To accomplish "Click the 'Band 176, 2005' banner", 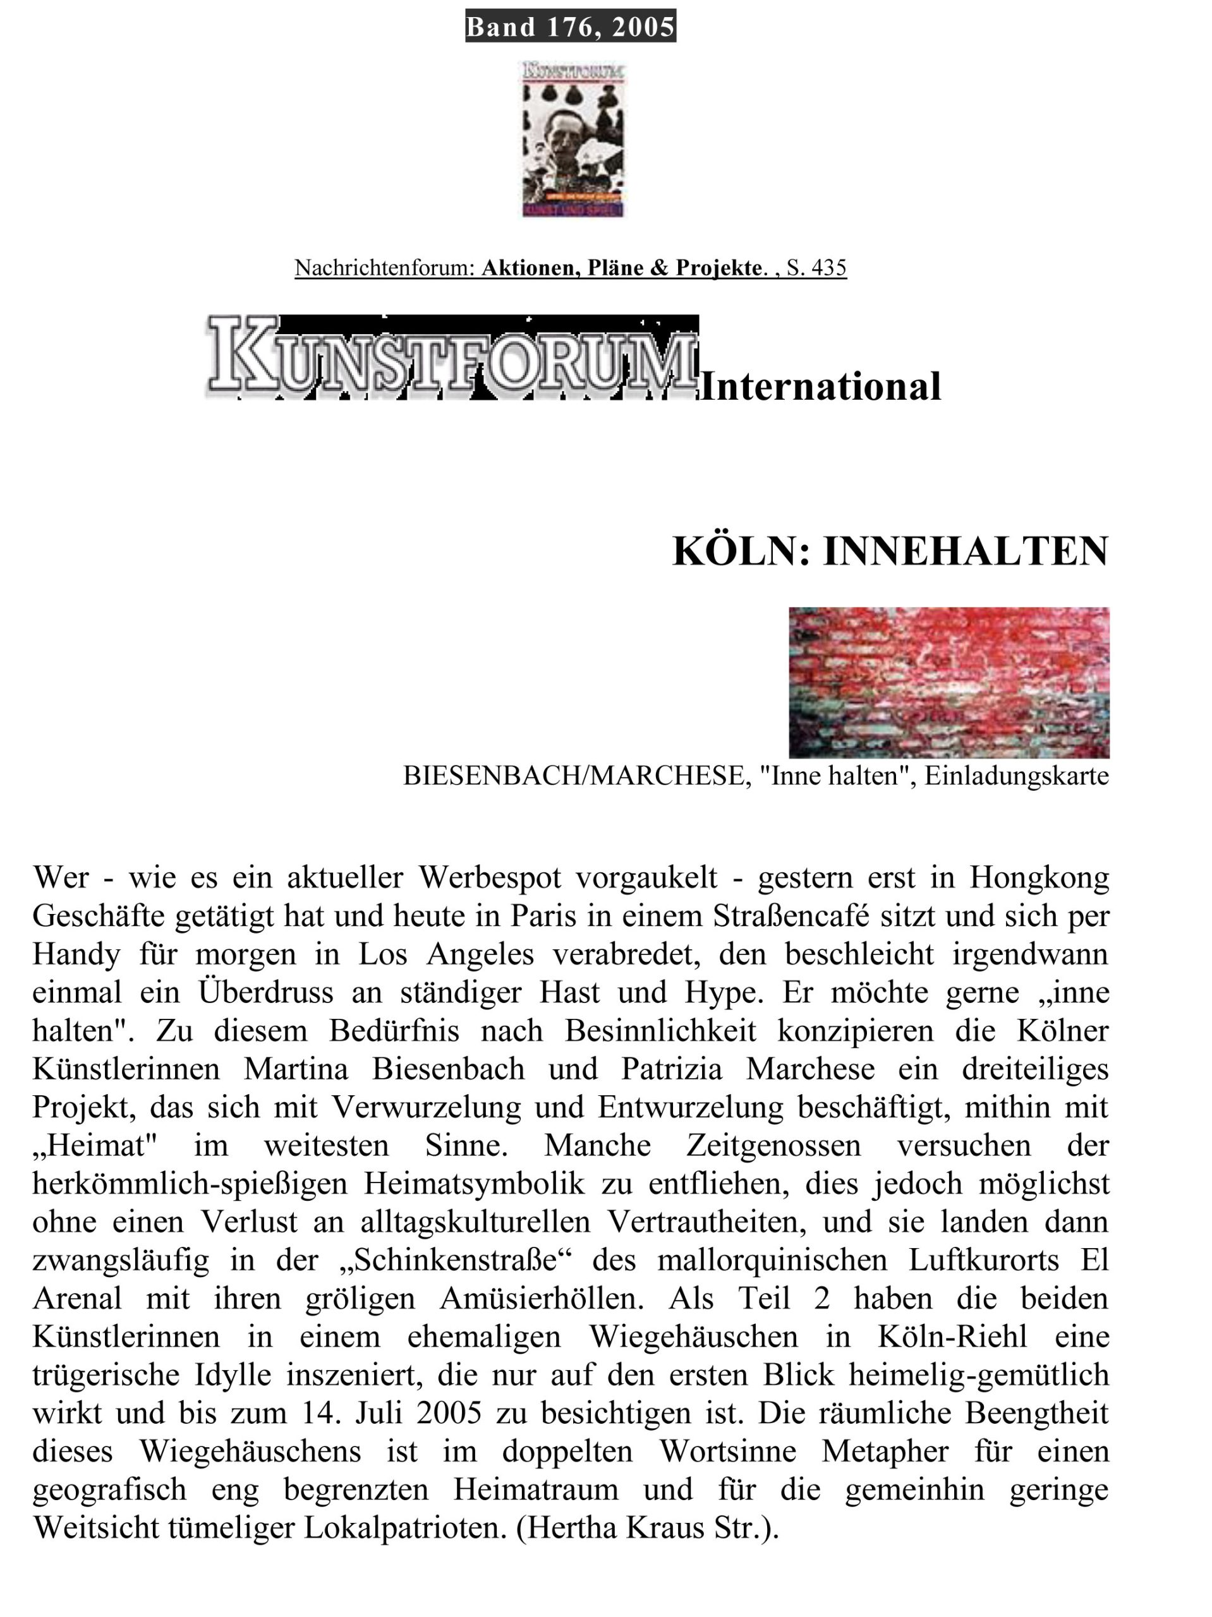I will [570, 27].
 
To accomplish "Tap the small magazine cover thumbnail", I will [574, 139].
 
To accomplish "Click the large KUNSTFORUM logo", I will [451, 357].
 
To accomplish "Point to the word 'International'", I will [820, 387].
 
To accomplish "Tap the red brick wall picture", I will [948, 682].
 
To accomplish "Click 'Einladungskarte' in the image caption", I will [1016, 776].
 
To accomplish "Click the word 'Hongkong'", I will [1039, 877].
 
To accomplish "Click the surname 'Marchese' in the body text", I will [809, 1069].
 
